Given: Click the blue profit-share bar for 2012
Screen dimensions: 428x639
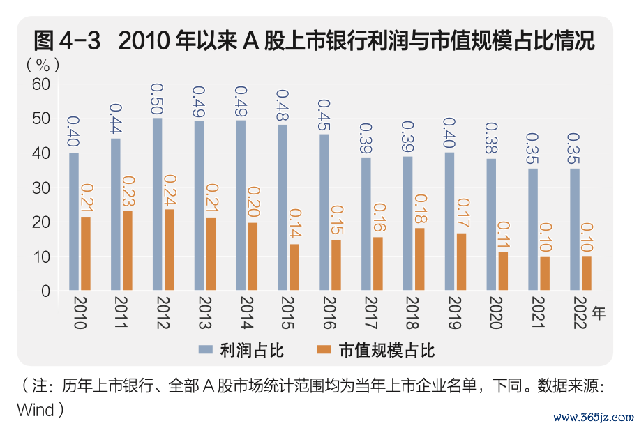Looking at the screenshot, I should [x=157, y=204].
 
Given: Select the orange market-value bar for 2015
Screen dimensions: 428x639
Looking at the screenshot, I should [x=294, y=267].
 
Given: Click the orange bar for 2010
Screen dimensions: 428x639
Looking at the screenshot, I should [x=85, y=254].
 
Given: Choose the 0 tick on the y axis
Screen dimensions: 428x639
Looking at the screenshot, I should [x=46, y=291].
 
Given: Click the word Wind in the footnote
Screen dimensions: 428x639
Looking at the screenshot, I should [x=35, y=408].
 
